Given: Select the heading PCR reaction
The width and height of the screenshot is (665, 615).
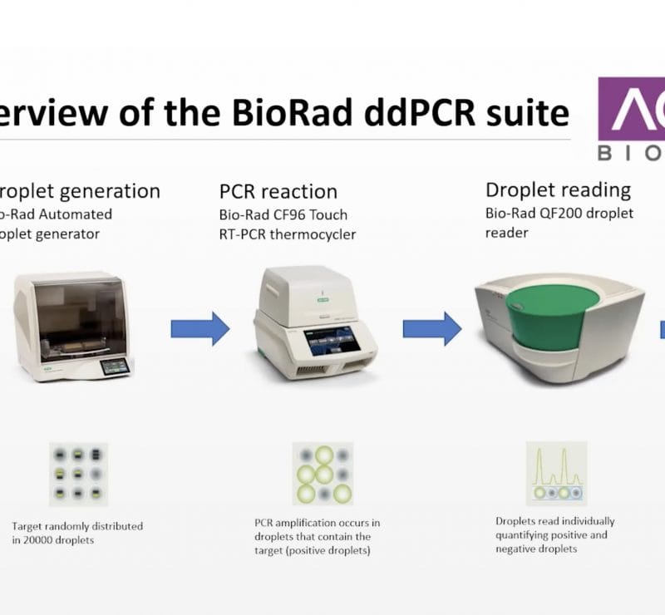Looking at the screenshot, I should pos(278,193).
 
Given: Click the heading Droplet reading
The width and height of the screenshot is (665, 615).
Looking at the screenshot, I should pos(558,189).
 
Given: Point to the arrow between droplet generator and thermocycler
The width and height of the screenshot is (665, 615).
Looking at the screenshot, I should pos(199,328).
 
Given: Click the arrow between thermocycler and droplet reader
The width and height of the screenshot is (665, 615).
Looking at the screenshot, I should pos(432,328).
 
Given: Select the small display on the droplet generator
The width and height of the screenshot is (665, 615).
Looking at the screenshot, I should pos(115,364).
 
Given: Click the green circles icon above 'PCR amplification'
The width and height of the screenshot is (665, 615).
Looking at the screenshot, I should pos(323,474).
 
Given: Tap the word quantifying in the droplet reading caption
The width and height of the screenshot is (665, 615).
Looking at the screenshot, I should pos(522,535).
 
